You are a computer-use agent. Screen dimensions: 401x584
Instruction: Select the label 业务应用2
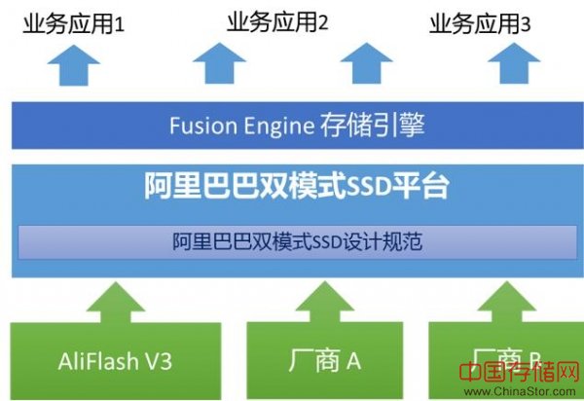(x=277, y=20)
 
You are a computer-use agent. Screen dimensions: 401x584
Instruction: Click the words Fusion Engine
(x=240, y=126)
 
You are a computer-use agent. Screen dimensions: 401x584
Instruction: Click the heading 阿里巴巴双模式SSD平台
(x=290, y=186)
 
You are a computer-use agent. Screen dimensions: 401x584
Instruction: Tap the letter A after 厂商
(x=352, y=361)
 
